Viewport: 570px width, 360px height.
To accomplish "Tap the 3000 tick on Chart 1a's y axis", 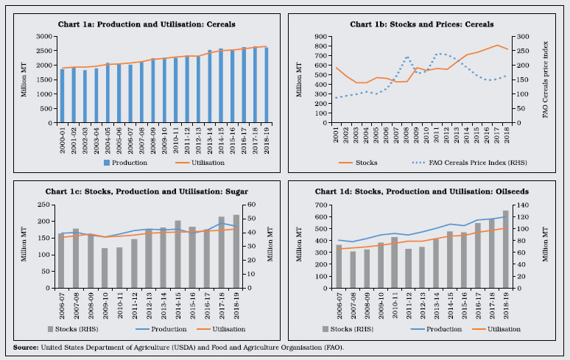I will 46,36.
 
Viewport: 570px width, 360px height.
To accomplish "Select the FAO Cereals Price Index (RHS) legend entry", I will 465,162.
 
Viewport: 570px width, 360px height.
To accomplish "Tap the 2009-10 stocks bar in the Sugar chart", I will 105,267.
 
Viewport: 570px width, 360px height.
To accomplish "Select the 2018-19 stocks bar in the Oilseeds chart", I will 505,249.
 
